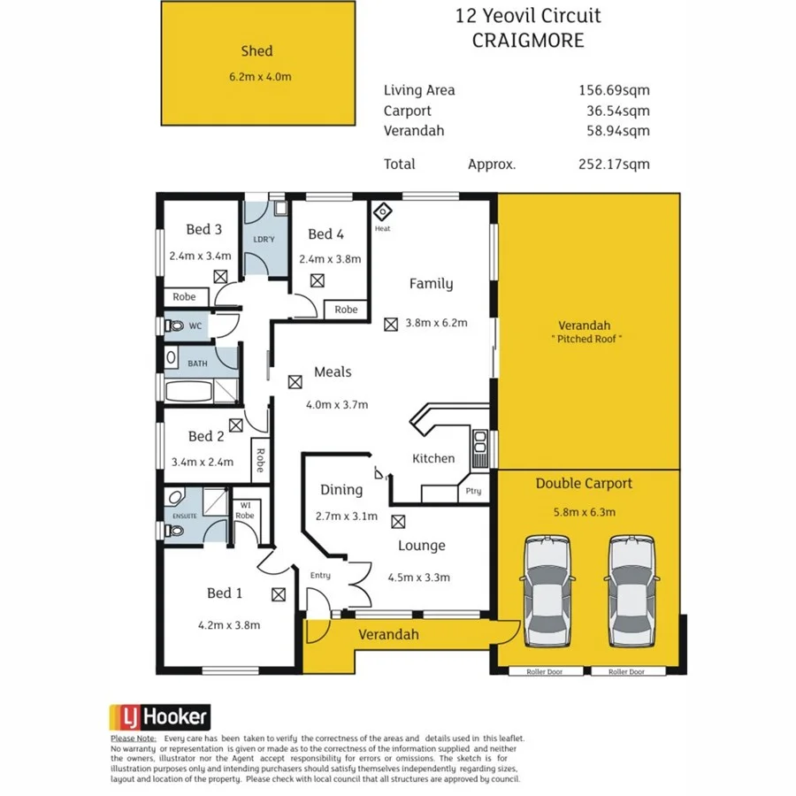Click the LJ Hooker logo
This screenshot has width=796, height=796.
159,716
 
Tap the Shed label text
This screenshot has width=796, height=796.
256,51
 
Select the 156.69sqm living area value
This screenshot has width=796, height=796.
613,89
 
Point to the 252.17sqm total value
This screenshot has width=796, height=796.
613,164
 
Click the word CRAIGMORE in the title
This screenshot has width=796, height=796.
528,41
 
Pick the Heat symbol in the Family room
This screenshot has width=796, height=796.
382,213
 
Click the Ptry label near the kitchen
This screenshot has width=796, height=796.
473,491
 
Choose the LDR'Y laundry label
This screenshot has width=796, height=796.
264,240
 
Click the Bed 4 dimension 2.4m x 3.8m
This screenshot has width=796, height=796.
330,259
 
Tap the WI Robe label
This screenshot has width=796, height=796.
245,510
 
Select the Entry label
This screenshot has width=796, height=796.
320,576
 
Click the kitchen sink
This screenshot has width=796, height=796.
479,447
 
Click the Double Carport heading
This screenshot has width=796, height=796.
584,484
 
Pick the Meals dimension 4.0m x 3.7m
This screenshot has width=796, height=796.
335,404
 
